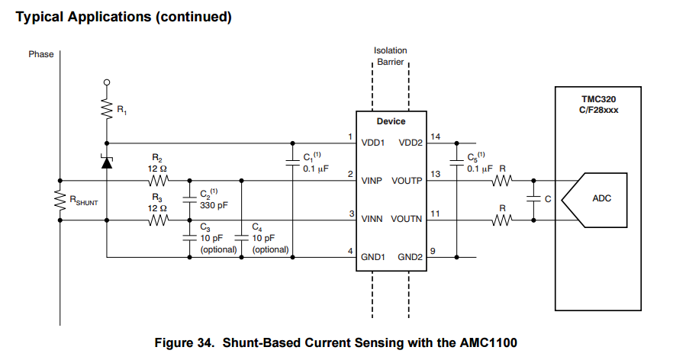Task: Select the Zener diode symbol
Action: tap(106, 162)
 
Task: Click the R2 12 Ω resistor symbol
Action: tap(159, 182)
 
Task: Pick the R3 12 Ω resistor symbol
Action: tap(159, 221)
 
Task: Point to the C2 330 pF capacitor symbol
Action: tap(188, 201)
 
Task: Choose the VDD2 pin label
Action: tap(410, 143)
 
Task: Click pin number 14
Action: tap(436, 137)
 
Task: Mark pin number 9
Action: tap(433, 252)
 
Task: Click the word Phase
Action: tap(40, 54)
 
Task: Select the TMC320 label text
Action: tap(598, 98)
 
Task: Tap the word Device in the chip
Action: tap(391, 121)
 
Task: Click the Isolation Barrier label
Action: tap(390, 56)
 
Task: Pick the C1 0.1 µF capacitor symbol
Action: tap(293, 162)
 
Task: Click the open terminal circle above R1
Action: tap(106, 82)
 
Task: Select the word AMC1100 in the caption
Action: tap(490, 342)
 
